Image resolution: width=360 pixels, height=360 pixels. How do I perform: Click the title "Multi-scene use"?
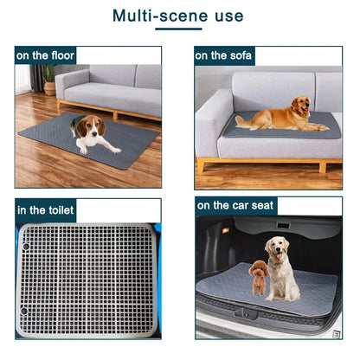[178, 16]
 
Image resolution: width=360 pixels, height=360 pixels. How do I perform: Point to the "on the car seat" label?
[235, 206]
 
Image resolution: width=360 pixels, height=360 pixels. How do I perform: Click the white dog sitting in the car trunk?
[280, 268]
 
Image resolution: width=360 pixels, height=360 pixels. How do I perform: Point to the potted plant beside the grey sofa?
[48, 80]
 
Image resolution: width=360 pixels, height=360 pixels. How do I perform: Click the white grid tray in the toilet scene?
[87, 281]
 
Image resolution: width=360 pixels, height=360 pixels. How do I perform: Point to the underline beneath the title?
[178, 31]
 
